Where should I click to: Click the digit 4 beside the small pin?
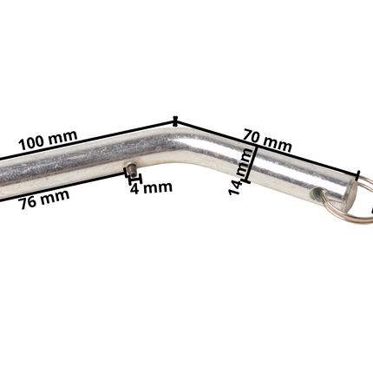click(135, 187)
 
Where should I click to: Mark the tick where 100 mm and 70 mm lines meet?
click(176, 121)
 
